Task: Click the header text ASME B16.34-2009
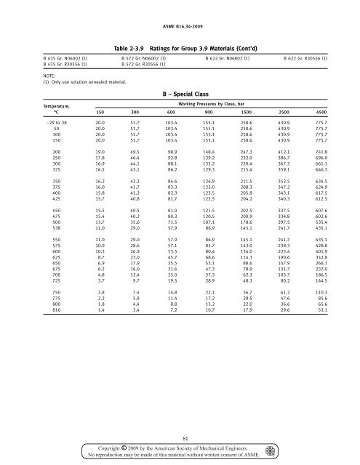point(180,7)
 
